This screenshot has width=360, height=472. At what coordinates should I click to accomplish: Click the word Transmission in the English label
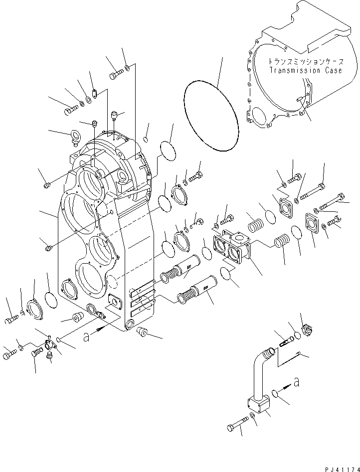click(295, 71)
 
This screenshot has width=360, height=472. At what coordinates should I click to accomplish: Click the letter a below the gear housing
click(86, 338)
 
